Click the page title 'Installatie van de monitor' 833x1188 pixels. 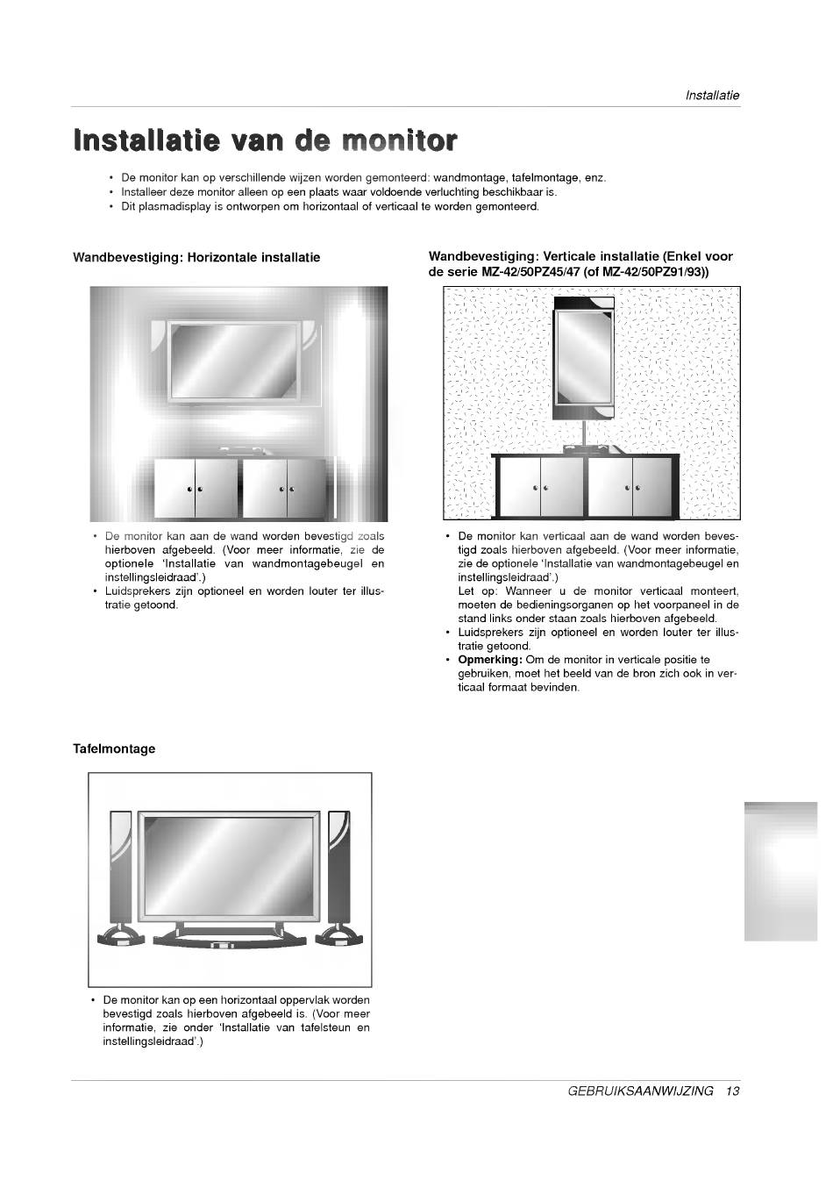[265, 140]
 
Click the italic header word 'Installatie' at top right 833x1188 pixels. [712, 95]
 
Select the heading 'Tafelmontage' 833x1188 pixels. [114, 748]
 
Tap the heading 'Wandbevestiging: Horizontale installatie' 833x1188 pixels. [196, 257]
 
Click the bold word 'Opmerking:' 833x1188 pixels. [490, 660]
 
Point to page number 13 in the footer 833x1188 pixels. [733, 1091]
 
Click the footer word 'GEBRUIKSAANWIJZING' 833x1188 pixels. [640, 1091]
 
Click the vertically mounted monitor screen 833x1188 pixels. [582, 355]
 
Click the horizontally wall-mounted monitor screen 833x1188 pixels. [234, 360]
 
